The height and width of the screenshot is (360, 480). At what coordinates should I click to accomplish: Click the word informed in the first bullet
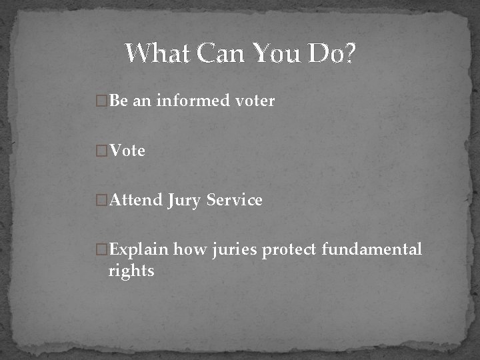pos(193,101)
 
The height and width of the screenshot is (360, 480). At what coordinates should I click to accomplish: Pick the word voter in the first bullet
pos(255,101)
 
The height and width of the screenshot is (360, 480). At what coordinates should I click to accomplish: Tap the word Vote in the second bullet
pos(127,151)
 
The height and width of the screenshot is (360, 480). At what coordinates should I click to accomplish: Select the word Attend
pos(136,200)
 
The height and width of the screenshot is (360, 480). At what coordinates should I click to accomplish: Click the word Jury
pos(185,201)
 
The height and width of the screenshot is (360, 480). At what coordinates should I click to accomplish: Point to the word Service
pos(235,200)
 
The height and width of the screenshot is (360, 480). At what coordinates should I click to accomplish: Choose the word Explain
pos(139,250)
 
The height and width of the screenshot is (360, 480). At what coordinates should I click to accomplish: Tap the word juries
pos(235,250)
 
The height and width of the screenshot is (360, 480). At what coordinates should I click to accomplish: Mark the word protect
pos(289,250)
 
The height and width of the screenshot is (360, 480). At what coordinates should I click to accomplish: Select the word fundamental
pos(372,249)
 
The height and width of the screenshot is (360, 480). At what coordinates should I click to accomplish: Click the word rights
pos(132,271)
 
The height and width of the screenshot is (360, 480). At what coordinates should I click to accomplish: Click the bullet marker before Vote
pos(102,151)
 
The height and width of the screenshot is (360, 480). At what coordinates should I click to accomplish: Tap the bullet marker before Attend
pos(102,200)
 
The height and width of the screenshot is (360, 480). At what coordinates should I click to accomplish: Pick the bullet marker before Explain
pos(102,250)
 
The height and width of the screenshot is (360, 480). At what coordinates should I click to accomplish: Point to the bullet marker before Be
pos(102,101)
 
